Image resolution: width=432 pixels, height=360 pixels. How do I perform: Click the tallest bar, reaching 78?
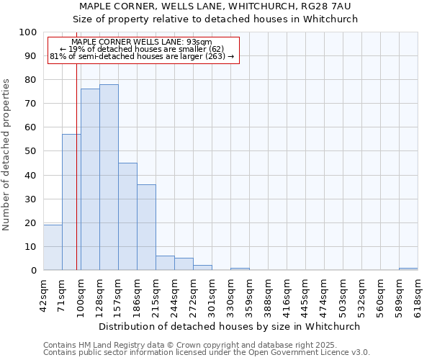tap(109, 177)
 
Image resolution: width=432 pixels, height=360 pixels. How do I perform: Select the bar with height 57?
tap(71, 202)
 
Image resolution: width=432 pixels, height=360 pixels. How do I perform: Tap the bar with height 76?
tap(90, 179)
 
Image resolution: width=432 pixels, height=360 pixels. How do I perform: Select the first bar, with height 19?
tap(53, 248)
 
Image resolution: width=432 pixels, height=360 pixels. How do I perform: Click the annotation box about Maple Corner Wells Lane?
tap(143, 49)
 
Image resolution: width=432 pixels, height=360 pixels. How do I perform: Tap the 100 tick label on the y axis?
tap(28, 32)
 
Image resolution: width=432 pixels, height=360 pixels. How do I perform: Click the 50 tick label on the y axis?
tap(31, 151)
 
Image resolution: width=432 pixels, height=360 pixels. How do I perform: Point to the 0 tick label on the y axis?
tap(34, 270)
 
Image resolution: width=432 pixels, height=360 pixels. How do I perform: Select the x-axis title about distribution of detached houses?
tap(230, 326)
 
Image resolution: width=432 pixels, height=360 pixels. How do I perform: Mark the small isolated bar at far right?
tap(408, 269)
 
